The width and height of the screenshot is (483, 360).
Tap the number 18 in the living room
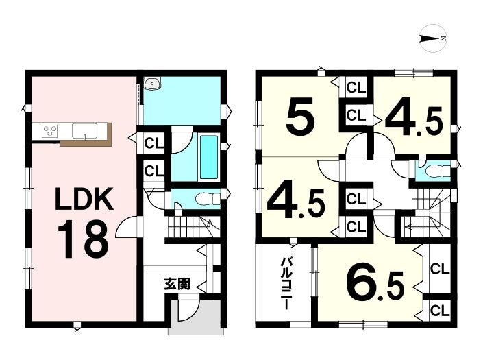click(83, 240)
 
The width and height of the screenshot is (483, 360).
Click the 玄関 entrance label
click(177, 284)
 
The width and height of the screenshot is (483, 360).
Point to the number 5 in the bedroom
click(300, 115)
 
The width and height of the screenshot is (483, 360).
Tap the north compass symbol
click(433, 38)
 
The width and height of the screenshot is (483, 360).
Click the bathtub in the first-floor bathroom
click(208, 158)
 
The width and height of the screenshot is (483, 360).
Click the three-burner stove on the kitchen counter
click(50, 131)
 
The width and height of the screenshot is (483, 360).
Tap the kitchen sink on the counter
click(84, 131)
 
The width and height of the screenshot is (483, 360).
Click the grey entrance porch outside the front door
click(196, 314)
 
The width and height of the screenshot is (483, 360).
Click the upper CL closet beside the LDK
click(153, 143)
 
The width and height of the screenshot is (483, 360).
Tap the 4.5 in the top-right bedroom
click(414, 121)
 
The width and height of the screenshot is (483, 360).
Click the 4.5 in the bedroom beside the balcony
click(296, 203)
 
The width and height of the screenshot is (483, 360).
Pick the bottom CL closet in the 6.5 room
click(440, 311)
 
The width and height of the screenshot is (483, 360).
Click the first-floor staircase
click(194, 226)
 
